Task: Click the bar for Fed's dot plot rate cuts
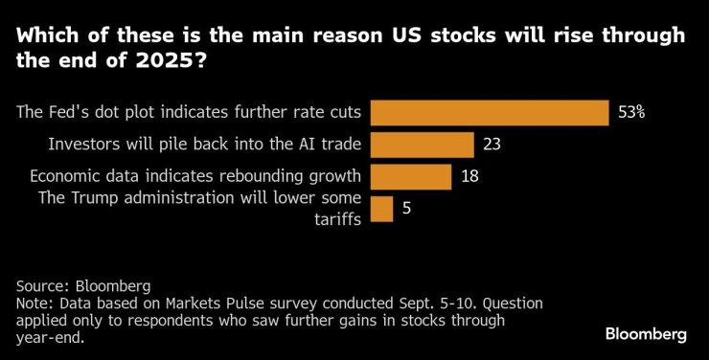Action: (489, 112)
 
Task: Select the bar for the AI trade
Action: (422, 145)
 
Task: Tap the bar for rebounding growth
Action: (410, 176)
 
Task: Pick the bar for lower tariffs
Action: (380, 209)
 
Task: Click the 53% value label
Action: (631, 112)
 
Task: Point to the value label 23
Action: (491, 145)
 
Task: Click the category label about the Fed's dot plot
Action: (189, 112)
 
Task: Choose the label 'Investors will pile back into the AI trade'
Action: (204, 145)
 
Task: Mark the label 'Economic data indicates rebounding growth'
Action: (195, 176)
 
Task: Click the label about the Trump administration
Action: (199, 198)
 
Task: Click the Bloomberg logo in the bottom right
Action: (645, 334)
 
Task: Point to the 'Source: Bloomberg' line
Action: (83, 285)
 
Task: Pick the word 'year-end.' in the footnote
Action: (49, 337)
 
